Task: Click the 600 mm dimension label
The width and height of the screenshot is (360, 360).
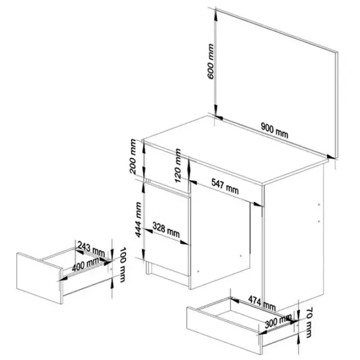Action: click(x=211, y=62)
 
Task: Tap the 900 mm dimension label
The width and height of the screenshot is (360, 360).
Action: click(x=275, y=130)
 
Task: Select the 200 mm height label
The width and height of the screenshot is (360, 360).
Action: click(x=133, y=157)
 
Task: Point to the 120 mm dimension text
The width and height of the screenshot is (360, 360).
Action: click(x=178, y=166)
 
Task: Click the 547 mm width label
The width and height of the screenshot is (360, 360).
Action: click(x=225, y=186)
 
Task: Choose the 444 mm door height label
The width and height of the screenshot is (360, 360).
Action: click(x=138, y=220)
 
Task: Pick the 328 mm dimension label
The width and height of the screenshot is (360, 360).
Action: click(x=166, y=230)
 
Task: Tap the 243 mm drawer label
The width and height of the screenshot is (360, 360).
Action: click(x=91, y=249)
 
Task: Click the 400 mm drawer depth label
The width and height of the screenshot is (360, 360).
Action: click(x=85, y=264)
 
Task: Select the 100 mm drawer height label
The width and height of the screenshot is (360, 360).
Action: click(x=122, y=265)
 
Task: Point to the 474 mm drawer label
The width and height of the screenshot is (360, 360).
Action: click(x=262, y=302)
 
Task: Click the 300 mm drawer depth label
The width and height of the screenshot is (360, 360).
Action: click(x=278, y=321)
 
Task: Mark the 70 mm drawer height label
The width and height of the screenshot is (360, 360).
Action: click(x=309, y=322)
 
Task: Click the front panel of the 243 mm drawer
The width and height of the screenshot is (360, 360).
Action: click(x=39, y=278)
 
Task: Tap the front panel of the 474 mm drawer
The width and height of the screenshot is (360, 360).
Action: click(x=224, y=330)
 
